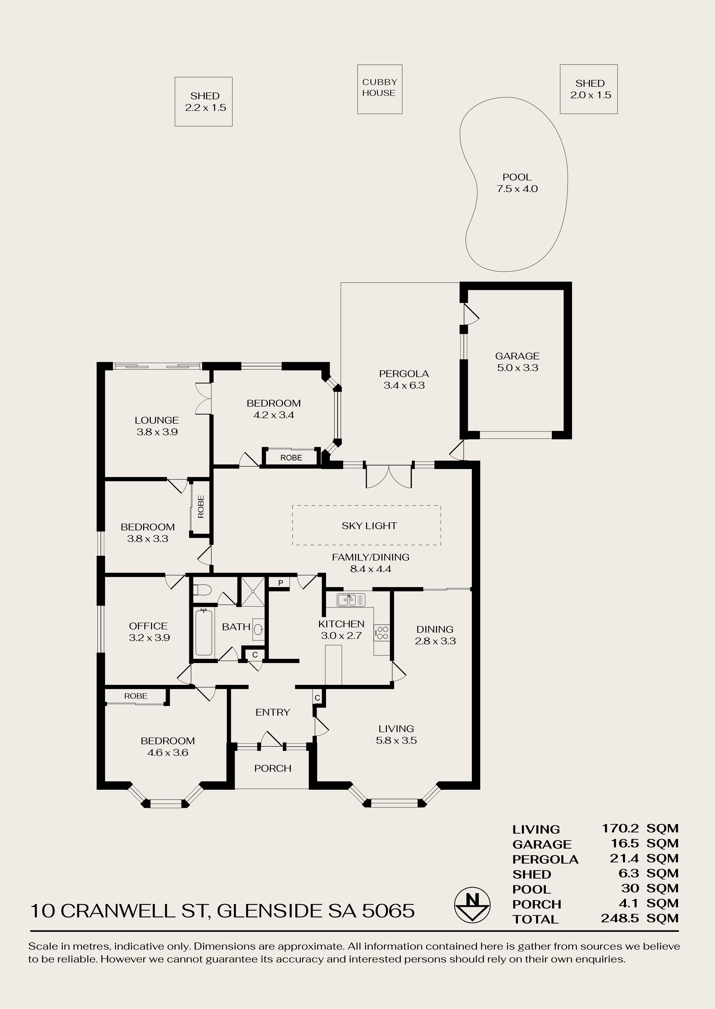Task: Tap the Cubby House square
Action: [379, 89]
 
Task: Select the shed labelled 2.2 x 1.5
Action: [203, 102]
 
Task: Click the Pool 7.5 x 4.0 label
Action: [517, 183]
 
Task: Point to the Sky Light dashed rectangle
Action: [366, 525]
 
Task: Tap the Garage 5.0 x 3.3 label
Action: [517, 362]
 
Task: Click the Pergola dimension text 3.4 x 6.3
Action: [404, 385]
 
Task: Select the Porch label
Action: [272, 768]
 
